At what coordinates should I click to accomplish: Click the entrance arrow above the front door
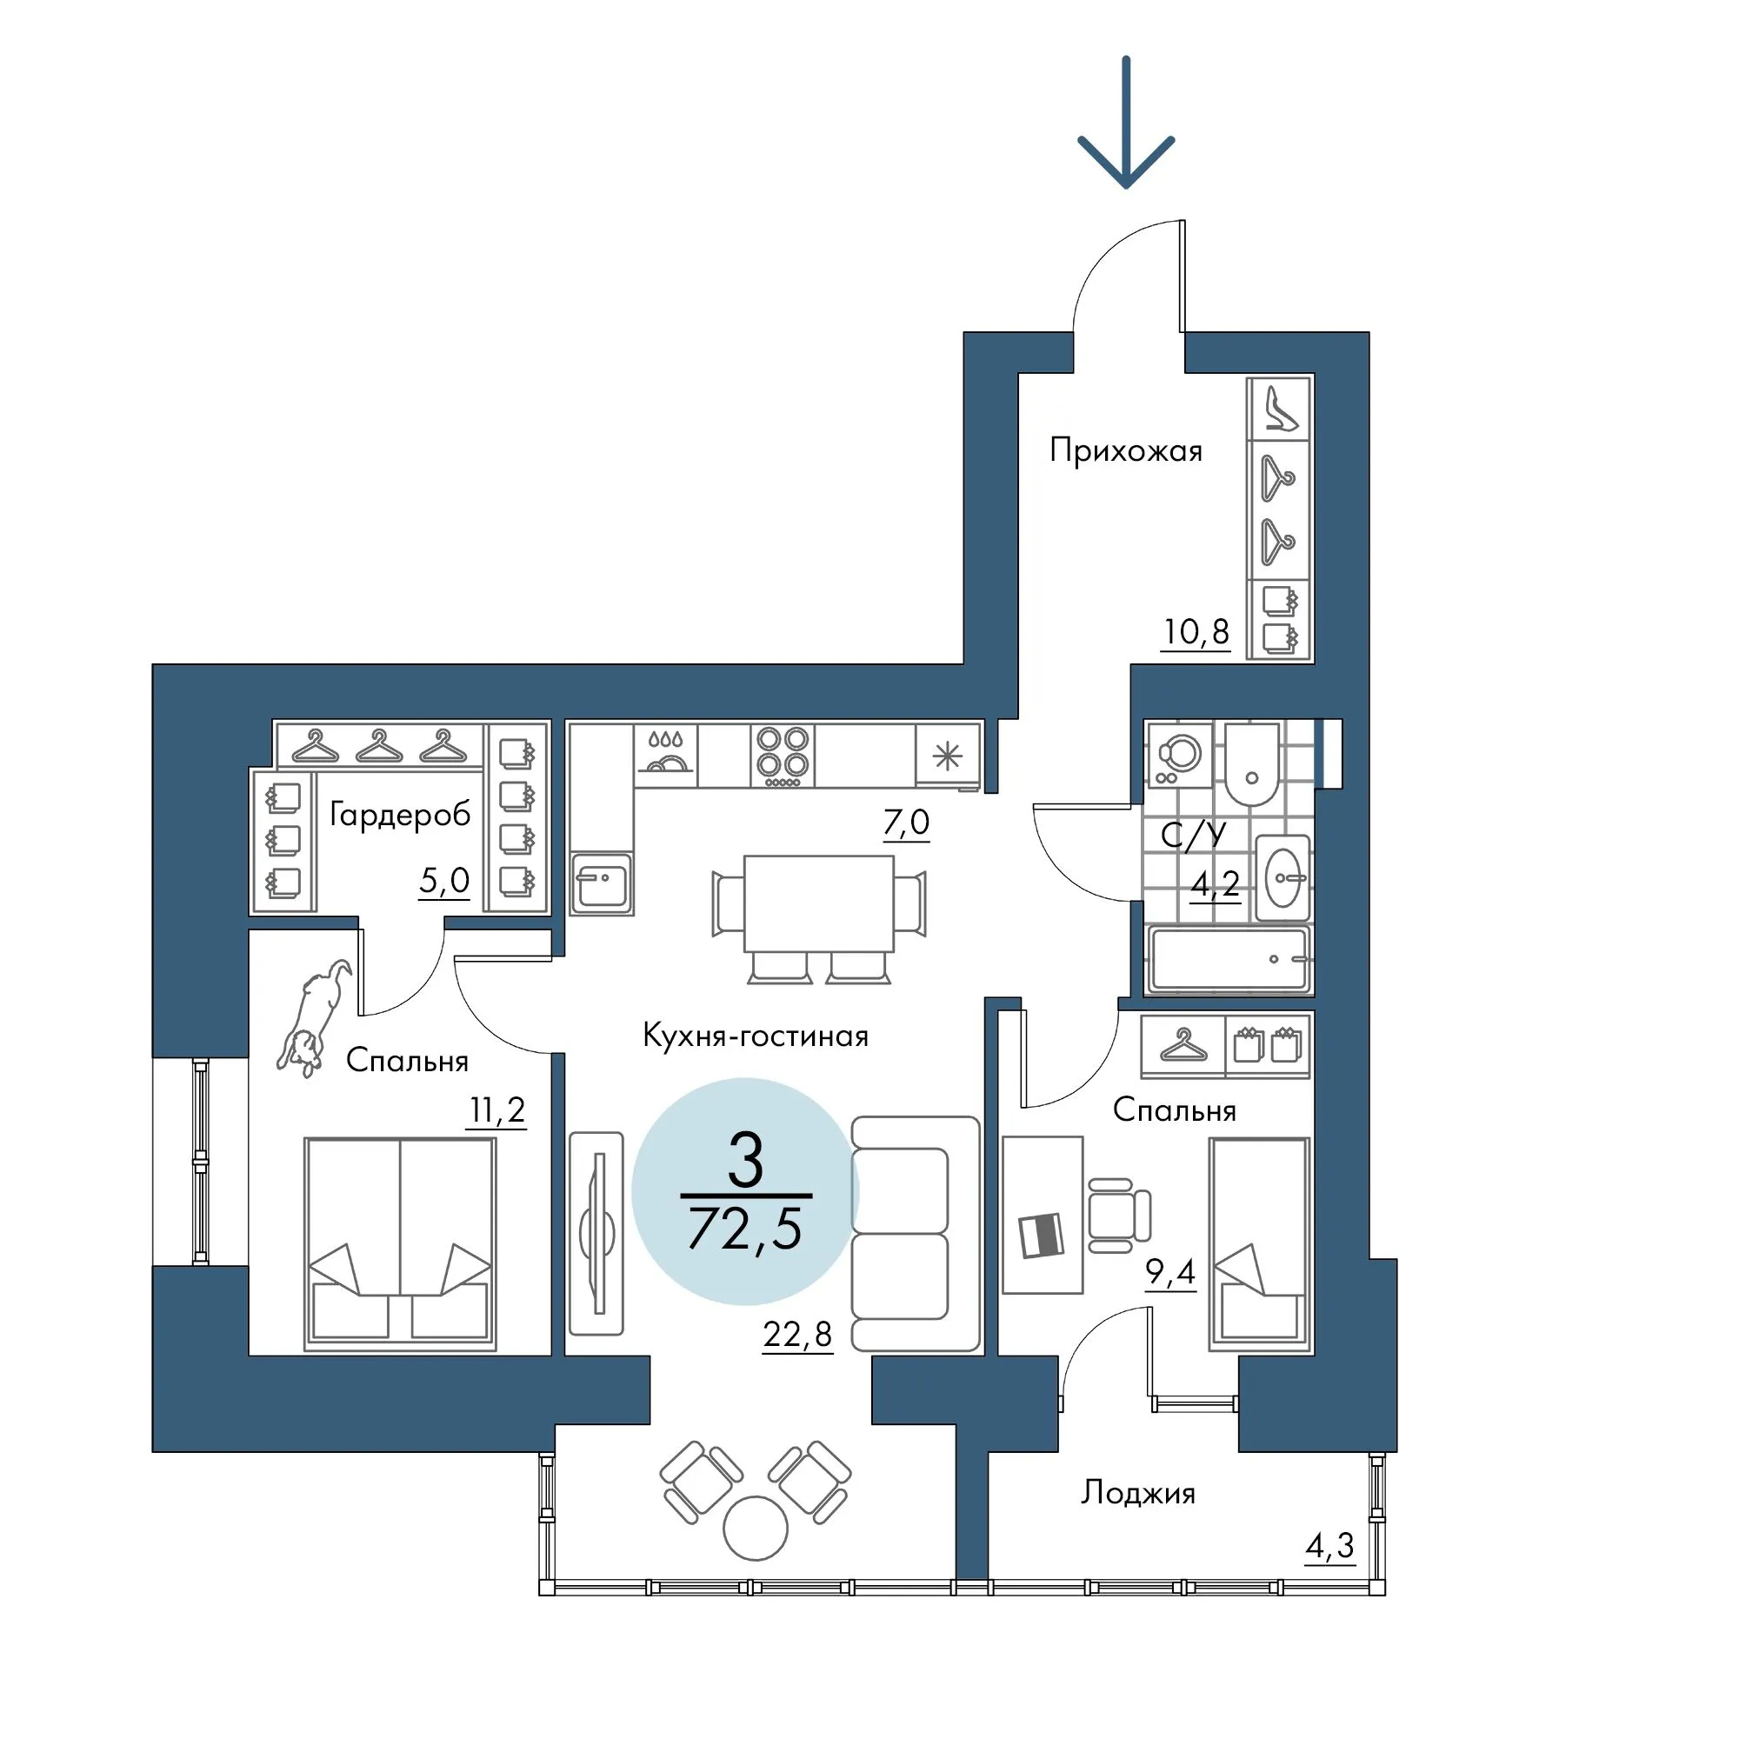pos(1125,123)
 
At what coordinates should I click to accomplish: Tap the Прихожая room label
pos(1125,450)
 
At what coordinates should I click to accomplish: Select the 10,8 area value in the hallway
pos(1196,632)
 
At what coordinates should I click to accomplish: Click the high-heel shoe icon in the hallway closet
pos(1280,408)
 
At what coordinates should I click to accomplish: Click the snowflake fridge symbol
pos(946,756)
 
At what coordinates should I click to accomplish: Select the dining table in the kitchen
pos(819,903)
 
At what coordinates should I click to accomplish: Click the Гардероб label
pos(401,815)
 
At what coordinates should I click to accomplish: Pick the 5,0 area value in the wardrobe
pos(443,880)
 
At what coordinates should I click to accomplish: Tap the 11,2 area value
pos(496,1110)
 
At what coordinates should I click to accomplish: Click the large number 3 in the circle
pos(745,1160)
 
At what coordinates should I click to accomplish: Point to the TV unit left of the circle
pos(596,1233)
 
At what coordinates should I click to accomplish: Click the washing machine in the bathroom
pos(1180,754)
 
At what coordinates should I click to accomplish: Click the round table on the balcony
pos(756,1528)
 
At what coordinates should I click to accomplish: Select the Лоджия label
pos(1137,1493)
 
